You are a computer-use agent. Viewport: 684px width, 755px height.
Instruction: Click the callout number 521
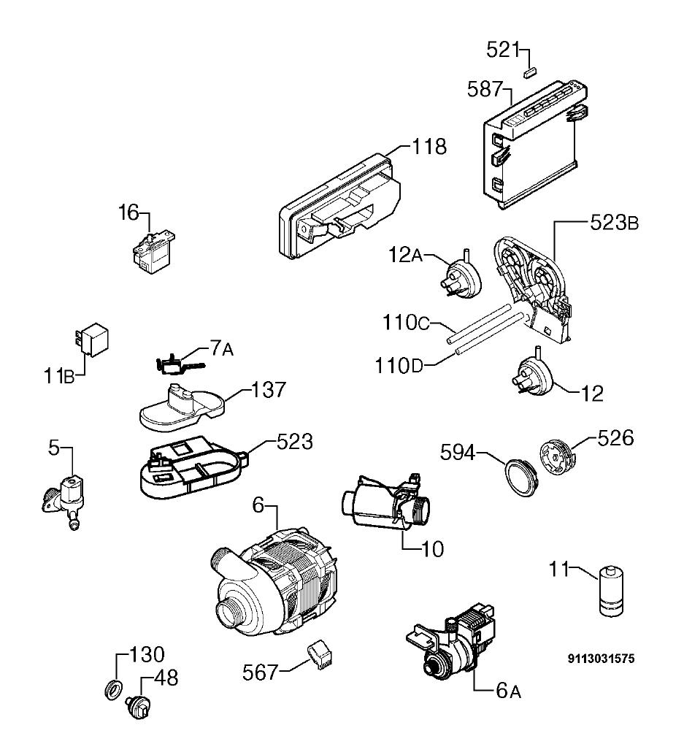pos(503,50)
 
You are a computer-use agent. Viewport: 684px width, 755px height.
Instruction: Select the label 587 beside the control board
pos(485,90)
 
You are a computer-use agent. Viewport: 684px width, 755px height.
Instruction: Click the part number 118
pos(429,147)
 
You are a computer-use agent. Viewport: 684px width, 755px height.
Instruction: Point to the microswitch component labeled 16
pos(153,253)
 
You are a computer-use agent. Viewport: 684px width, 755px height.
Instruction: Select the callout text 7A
pos(221,348)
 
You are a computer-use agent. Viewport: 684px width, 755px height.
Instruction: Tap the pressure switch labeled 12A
pos(463,278)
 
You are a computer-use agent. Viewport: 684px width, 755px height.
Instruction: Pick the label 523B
pos(614,223)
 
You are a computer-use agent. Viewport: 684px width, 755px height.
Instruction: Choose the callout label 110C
pos(406,323)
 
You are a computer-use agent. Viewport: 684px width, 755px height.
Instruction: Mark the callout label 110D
pos(399,367)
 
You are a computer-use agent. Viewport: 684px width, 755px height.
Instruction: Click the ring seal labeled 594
pos(520,477)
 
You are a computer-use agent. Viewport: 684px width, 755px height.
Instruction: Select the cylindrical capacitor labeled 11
pos(611,591)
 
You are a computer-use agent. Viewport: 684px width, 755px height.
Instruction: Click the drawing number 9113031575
pos(602,658)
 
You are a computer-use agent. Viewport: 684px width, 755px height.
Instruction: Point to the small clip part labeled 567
pos(320,655)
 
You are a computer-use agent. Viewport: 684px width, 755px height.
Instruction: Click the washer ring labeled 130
pos(113,690)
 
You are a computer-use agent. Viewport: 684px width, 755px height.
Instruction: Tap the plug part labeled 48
pos(137,707)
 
